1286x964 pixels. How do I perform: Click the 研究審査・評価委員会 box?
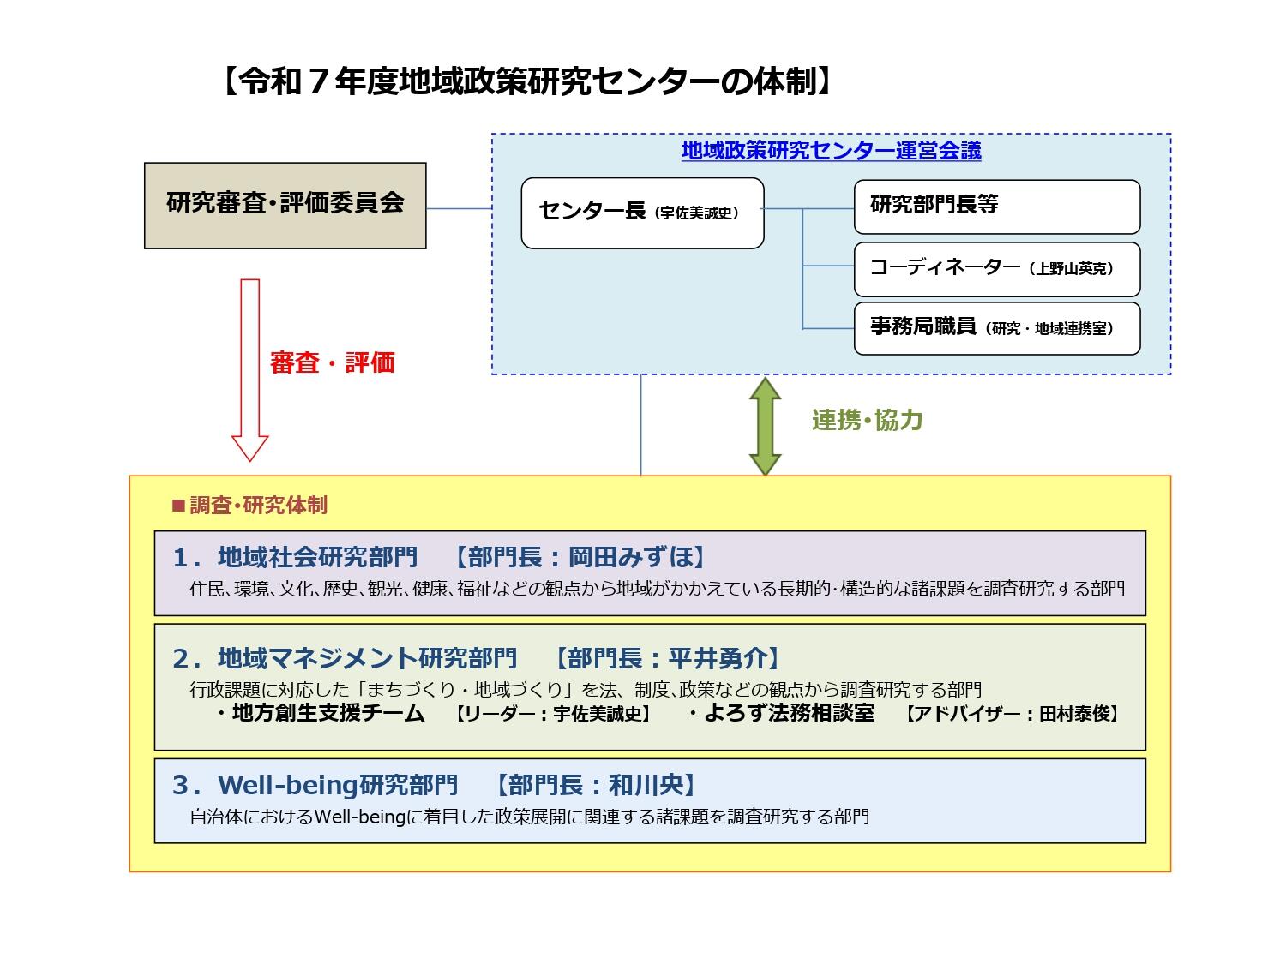point(285,206)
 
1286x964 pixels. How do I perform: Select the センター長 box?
point(642,213)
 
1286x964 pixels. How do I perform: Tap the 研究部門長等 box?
point(996,207)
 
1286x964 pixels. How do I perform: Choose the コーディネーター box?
point(996,269)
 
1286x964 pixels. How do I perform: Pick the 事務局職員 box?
point(996,328)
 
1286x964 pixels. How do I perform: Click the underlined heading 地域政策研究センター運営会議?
point(831,151)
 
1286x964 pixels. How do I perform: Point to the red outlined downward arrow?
point(249,368)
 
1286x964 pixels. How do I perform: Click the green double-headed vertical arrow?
point(765,426)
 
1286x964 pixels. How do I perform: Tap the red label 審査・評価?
point(332,362)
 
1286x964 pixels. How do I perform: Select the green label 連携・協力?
point(867,420)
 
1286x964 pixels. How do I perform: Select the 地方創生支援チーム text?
point(328,713)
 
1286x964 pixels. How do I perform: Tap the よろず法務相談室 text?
point(789,713)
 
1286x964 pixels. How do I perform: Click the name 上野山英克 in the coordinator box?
point(1072,269)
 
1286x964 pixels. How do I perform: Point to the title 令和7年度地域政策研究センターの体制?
point(526,81)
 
